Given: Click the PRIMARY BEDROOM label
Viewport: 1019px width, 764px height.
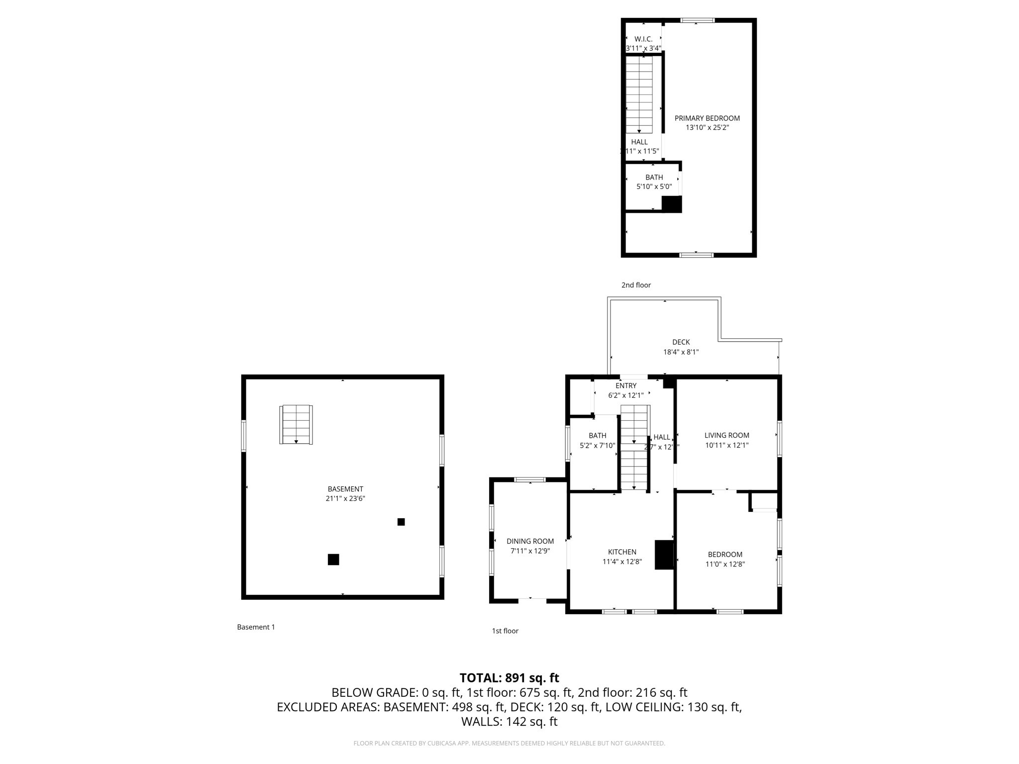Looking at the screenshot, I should (x=707, y=118).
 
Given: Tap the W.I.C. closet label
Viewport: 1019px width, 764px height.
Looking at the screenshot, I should (x=643, y=39).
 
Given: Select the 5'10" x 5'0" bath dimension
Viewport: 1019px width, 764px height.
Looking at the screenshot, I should (x=654, y=187).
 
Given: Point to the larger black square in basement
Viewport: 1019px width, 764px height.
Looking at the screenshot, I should (x=333, y=560).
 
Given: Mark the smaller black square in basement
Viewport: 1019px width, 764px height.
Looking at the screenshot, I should (x=401, y=522).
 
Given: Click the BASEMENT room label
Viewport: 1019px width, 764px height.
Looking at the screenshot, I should (x=345, y=489).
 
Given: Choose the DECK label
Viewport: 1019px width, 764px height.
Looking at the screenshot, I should (x=681, y=342).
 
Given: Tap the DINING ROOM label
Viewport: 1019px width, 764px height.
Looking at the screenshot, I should (x=530, y=541).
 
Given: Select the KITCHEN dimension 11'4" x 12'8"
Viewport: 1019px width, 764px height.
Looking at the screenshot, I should (x=622, y=562).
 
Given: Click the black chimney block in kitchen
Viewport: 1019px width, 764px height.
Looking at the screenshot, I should (x=664, y=555).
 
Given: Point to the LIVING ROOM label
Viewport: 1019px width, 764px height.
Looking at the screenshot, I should (x=726, y=435).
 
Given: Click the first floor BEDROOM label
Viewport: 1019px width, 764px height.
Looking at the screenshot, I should (x=725, y=555).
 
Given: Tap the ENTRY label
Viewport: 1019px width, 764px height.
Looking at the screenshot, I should (x=625, y=386).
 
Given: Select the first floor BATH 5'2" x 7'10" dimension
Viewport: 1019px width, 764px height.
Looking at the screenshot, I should (x=597, y=445).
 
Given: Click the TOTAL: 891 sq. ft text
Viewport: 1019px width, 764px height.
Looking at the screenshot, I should (x=509, y=678).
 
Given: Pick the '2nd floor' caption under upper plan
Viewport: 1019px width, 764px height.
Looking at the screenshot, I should (x=636, y=285).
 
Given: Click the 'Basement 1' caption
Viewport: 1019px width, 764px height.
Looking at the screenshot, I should (x=256, y=627).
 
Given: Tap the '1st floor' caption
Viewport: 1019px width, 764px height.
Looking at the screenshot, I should (x=505, y=631).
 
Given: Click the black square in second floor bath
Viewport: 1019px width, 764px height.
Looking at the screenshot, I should (x=671, y=204).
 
